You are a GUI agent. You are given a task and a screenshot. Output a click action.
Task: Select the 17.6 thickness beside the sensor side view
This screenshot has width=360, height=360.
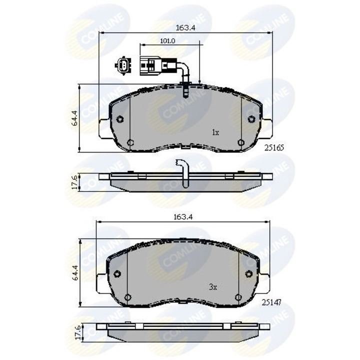(75, 181)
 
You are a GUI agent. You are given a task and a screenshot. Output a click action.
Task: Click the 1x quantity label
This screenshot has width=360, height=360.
(215, 133)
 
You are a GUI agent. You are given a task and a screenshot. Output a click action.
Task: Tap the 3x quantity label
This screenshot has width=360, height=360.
(212, 287)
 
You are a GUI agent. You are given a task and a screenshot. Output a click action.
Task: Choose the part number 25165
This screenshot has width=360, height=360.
(274, 148)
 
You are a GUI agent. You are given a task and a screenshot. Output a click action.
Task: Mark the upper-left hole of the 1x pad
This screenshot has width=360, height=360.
(119, 119)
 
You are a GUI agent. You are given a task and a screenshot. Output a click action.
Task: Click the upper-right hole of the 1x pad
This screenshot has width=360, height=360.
(251, 119)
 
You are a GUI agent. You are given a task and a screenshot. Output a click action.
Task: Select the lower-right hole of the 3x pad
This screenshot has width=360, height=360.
(239, 297)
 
